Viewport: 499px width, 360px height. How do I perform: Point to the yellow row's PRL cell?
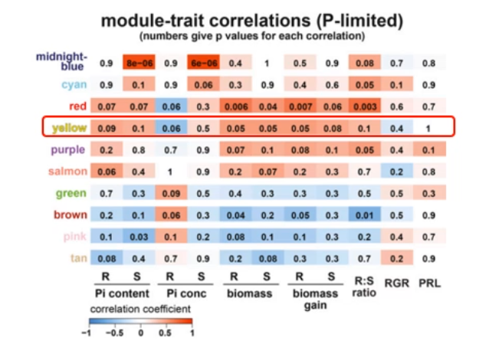pyautogui.click(x=428, y=127)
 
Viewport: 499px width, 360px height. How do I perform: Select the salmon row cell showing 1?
pyautogui.click(x=172, y=172)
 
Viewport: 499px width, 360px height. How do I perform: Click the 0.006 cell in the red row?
pyautogui.click(x=237, y=106)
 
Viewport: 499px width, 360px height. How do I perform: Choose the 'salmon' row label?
pyautogui.click(x=69, y=171)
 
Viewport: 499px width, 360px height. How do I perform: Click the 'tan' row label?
pyautogui.click(x=79, y=257)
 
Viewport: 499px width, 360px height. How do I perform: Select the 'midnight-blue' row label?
pyautogui.click(x=63, y=61)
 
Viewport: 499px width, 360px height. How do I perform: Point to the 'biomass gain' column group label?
pyautogui.click(x=314, y=299)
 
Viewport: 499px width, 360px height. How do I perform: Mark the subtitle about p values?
pyautogui.click(x=251, y=35)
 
